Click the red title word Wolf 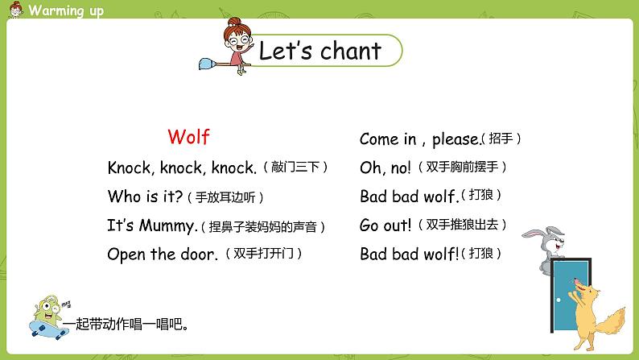[188, 137]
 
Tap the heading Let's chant [319, 51]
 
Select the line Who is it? [145, 197]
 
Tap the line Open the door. [163, 254]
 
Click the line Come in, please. [419, 139]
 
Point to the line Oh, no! [385, 168]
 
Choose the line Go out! [385, 226]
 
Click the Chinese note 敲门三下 [295, 168]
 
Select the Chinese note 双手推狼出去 [468, 226]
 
